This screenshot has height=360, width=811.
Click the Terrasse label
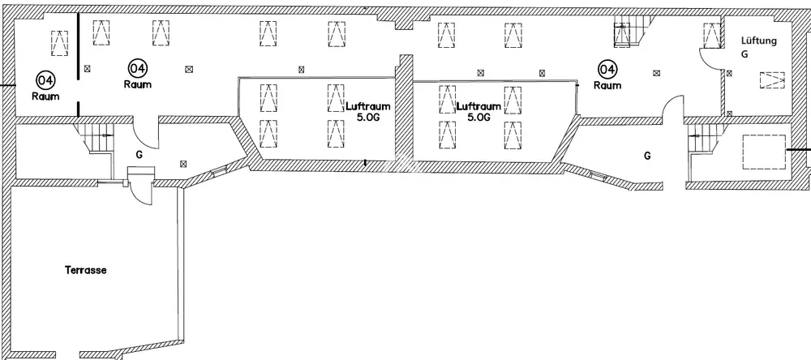[x=86, y=270]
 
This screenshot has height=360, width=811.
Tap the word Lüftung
[x=760, y=41]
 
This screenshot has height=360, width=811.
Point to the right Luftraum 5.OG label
[x=478, y=111]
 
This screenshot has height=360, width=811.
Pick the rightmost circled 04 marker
[x=607, y=70]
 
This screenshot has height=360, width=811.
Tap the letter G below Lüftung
[x=744, y=54]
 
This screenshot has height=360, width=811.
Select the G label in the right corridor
[x=647, y=155]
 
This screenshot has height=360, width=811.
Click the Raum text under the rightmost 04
[x=607, y=85]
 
